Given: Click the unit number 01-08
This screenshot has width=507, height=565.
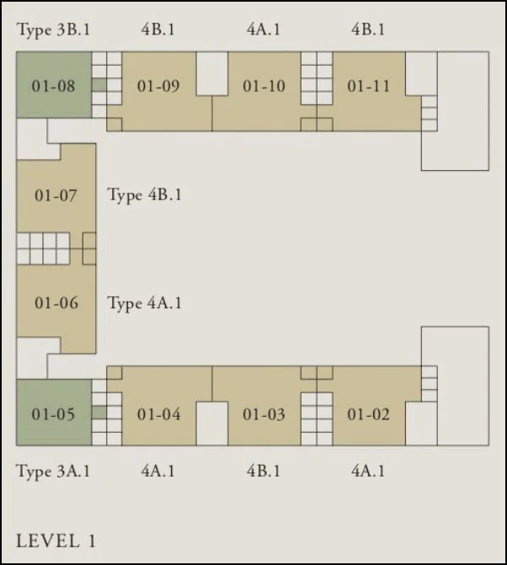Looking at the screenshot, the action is [53, 86].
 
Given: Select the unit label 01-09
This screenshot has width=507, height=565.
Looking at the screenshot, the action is [158, 86].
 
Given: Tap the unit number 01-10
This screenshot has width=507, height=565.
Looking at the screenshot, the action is [264, 86].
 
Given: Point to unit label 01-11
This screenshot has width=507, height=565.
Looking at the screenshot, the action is [368, 86].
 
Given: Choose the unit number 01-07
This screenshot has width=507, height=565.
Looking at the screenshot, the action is [56, 195].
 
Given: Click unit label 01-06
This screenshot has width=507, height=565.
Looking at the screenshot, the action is [56, 302].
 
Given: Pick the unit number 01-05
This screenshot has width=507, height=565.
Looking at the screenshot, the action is [53, 414].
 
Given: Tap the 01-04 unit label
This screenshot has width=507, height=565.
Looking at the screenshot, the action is [158, 414].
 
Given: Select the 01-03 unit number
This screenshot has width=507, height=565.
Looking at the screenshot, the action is [264, 414].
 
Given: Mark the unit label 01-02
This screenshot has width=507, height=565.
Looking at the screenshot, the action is [368, 414].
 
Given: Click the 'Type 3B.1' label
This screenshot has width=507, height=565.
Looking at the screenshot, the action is [54, 29].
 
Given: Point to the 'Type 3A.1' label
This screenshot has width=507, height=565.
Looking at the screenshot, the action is [53, 472].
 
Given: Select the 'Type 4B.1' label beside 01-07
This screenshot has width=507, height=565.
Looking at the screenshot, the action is [145, 195].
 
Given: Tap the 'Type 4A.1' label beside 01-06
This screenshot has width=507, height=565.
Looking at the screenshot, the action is [145, 303].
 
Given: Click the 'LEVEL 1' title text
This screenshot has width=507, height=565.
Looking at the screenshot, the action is [56, 541].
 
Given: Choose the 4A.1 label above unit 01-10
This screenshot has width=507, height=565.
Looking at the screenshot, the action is [264, 29].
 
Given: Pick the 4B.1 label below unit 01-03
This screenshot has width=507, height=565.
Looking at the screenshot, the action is [264, 471].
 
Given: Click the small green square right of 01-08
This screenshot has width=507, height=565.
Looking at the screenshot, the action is [99, 85].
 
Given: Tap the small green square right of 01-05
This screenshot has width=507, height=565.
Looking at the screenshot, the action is [99, 413].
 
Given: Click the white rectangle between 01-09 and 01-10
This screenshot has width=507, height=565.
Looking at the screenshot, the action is [212, 73].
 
